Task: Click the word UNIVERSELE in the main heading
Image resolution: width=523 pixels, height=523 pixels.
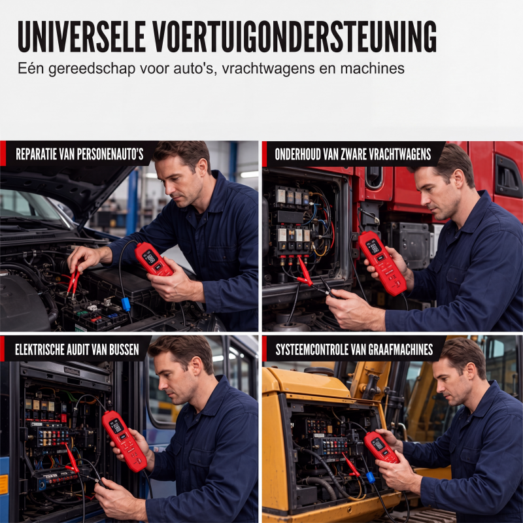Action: point(82,37)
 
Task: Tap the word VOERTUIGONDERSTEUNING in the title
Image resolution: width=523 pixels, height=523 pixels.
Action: point(295,37)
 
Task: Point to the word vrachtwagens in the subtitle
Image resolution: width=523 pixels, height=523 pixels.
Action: point(268,69)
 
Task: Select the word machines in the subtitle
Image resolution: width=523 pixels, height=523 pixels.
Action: point(372,68)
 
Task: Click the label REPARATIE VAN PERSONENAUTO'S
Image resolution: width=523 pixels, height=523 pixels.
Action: point(80,154)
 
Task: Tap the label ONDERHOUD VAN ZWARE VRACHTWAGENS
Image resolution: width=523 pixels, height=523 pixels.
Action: point(353,154)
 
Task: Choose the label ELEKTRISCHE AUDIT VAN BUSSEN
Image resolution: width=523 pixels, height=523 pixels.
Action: point(77,349)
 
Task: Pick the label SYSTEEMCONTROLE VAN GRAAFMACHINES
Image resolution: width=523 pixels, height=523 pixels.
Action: point(354,349)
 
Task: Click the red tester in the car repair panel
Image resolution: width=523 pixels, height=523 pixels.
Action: point(154,259)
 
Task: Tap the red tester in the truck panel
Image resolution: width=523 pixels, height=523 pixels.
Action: point(382,263)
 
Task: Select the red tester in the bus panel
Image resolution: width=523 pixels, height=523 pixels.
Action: point(124,441)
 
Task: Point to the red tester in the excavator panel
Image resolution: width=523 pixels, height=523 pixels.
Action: point(381,447)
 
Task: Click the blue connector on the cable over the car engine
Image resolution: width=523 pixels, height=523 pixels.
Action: point(126,304)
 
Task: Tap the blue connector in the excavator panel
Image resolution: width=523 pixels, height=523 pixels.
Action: point(371,477)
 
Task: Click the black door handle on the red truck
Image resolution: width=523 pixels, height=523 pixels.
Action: point(508,177)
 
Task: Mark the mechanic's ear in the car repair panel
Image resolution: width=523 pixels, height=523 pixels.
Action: point(202,168)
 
